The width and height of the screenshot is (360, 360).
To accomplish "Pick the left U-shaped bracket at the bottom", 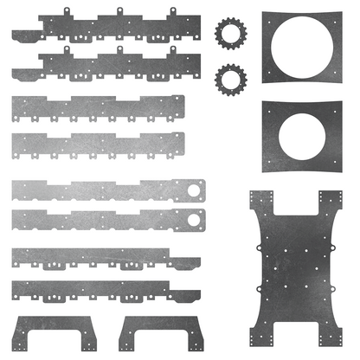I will pos(55,326).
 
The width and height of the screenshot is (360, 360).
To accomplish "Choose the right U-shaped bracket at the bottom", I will pos(162,326).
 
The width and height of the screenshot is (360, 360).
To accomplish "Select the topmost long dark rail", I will pos(104,31).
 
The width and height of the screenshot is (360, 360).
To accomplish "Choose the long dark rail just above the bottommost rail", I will pos(104,257).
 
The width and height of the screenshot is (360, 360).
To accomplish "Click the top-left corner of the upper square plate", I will pos(263,12).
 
